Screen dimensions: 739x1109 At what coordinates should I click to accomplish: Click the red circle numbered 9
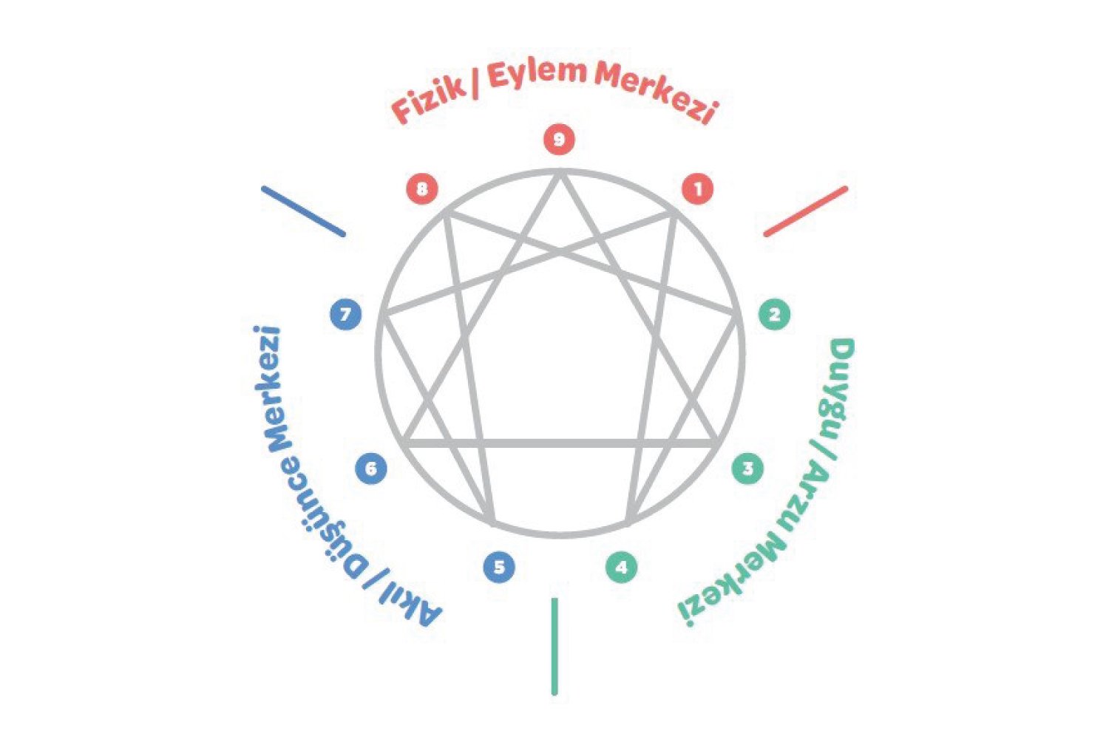click(x=559, y=140)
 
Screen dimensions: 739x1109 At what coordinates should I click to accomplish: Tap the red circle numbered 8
click(x=421, y=188)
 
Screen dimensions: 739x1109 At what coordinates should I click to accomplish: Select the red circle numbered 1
click(x=697, y=188)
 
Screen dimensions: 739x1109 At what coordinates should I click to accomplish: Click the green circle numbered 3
click(x=747, y=469)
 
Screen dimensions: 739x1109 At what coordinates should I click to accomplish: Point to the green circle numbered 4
click(x=622, y=568)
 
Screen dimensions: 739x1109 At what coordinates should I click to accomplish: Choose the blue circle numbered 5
click(x=499, y=568)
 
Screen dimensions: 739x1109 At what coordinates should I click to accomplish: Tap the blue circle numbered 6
click(x=370, y=469)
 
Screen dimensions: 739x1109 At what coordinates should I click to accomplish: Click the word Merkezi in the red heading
click(x=657, y=92)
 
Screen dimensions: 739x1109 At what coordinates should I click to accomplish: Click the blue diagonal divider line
click(x=303, y=211)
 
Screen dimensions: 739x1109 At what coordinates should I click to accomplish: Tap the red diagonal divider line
click(x=805, y=211)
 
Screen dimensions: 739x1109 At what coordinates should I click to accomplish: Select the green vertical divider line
click(x=554, y=647)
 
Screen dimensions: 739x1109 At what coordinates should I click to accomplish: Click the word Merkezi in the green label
click(x=732, y=584)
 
